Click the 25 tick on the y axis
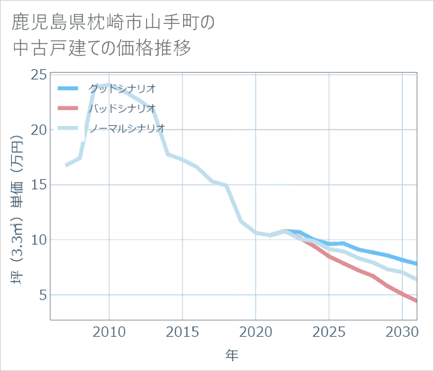[x=39, y=75]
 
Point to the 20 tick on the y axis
[x=39, y=130]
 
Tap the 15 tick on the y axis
[x=39, y=185]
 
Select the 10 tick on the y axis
[x=39, y=240]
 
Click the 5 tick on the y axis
[x=43, y=295]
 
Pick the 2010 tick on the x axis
[x=109, y=331]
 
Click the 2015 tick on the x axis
[x=182, y=331]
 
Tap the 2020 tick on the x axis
[x=256, y=331]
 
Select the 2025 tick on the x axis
[x=328, y=331]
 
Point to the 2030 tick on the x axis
[x=402, y=331]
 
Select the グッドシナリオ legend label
[x=122, y=88]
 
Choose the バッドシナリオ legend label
[x=122, y=108]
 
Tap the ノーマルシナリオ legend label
[x=126, y=128]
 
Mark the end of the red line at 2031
[x=417, y=302]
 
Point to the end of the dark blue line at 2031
[x=417, y=264]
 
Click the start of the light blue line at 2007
[x=66, y=165]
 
